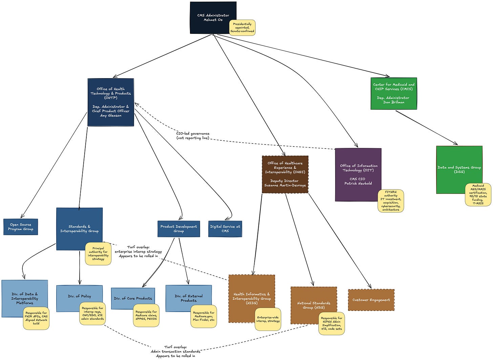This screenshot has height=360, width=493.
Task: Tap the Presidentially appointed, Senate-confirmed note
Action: click(242, 28)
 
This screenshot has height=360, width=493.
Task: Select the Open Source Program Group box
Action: click(21, 227)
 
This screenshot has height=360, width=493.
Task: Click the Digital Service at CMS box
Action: click(225, 229)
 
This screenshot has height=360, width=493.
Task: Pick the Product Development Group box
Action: click(179, 229)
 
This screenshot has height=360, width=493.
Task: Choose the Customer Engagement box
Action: click(371, 300)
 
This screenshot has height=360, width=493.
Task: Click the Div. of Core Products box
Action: click(133, 298)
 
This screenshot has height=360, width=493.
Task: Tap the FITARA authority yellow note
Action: click(391, 201)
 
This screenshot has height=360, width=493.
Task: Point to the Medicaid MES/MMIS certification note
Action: click(478, 195)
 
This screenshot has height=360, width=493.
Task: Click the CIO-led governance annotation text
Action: click(193, 136)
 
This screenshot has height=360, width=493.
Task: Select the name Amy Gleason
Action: click(111, 115)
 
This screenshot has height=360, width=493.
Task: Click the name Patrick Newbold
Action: click(358, 183)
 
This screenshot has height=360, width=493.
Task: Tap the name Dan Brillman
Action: click(394, 102)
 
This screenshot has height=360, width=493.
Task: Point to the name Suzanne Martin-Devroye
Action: click(285, 185)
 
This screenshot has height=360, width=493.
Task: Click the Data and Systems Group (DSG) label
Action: click(459, 170)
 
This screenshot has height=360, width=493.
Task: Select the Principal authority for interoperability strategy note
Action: click(98, 253)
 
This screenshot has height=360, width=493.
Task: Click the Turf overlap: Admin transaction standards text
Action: click(175, 351)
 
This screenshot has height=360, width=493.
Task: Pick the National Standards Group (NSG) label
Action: click(314, 305)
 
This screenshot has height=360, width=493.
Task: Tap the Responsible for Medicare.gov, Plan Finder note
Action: click(203, 316)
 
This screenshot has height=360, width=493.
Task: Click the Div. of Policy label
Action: click(80, 296)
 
